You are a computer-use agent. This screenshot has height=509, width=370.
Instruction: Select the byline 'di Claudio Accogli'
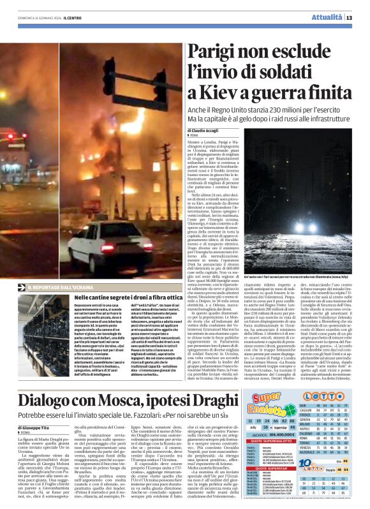coord(205,131)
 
